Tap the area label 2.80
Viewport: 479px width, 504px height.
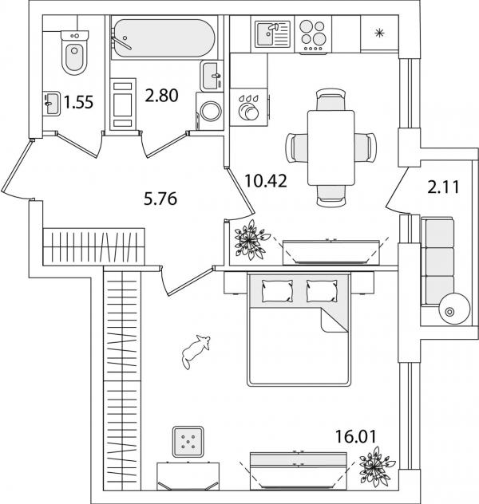[x=160, y=96]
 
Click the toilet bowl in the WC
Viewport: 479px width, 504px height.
[x=73, y=54]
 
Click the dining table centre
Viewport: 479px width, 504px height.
[x=331, y=147]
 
